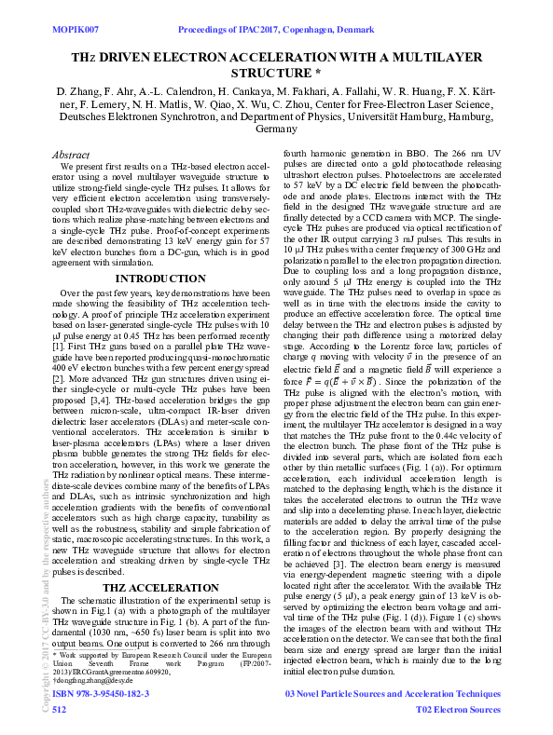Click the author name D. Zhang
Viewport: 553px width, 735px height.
pos(79,91)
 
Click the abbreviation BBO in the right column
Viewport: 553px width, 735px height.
pos(411,155)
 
